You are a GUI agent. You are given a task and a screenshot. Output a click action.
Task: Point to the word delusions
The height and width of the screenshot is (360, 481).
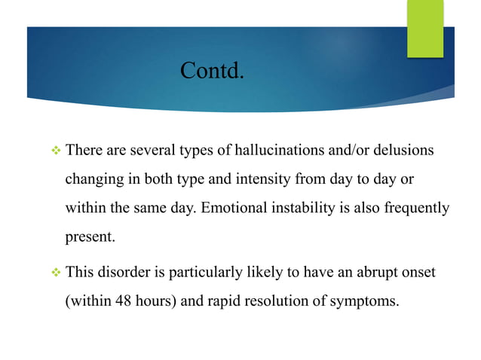(402, 151)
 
